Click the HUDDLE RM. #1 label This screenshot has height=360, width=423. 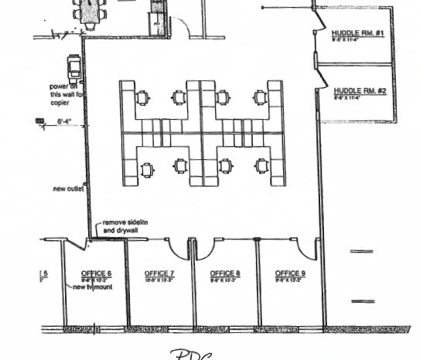click(x=358, y=33)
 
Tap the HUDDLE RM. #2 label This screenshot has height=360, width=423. click(x=358, y=90)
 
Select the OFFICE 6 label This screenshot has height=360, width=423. click(x=96, y=273)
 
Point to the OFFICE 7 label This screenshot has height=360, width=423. click(x=160, y=273)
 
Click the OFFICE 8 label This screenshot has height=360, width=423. click(x=225, y=273)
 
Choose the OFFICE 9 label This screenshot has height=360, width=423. click(x=290, y=273)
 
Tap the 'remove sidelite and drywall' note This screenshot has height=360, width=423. click(x=125, y=226)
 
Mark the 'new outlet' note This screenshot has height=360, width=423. click(x=68, y=188)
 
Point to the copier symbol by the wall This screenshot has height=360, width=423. click(x=75, y=68)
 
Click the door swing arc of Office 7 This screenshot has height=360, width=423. click(x=177, y=249)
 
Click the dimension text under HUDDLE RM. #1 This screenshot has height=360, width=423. click(x=358, y=40)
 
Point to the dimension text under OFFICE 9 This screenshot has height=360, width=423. click(x=290, y=280)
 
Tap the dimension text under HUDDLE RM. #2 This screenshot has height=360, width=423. click(x=358, y=97)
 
